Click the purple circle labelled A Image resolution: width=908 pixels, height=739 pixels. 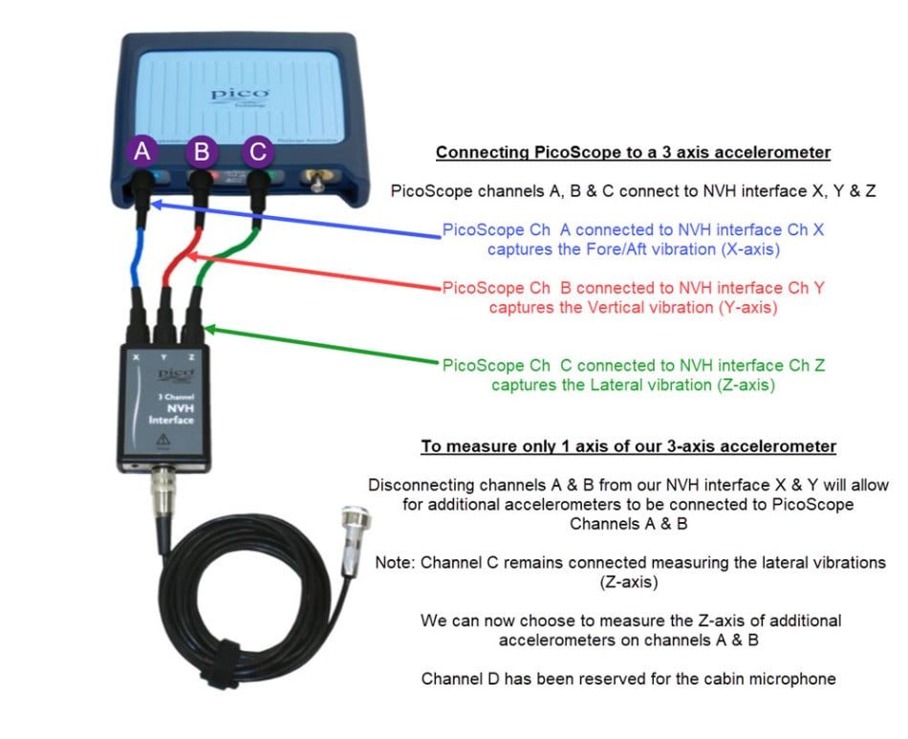coord(141,152)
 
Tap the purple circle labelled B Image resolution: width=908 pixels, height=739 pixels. coord(201,152)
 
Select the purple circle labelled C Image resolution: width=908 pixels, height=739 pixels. coord(258,152)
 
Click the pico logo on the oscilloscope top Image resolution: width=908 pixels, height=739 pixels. coord(240,96)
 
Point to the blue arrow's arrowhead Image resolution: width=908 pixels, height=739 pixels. coord(158,205)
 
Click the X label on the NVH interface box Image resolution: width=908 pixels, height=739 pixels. coord(136,358)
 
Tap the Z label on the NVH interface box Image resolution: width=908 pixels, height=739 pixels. coord(191,358)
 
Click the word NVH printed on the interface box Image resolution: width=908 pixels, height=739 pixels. coord(180,408)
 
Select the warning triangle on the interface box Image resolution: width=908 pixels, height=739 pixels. coord(163,440)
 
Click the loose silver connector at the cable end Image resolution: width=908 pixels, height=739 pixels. coord(353,542)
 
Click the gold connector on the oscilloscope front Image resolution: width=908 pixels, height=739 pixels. coord(316,180)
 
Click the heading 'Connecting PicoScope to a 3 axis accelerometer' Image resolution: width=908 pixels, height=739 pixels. coord(633,152)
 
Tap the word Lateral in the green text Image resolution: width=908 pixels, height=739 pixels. coord(616,384)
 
